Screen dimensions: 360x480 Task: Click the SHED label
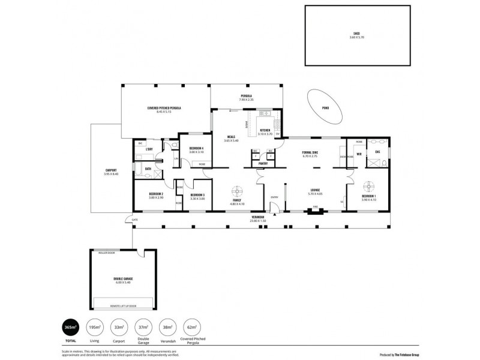(356, 34)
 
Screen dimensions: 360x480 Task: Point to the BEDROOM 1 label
(369, 196)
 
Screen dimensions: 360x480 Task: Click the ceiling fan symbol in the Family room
(238, 191)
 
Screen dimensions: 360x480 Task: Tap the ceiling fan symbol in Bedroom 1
(368, 185)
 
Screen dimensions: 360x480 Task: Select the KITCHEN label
(265, 130)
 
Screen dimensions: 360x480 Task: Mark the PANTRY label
(263, 163)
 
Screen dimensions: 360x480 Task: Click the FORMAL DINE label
(310, 152)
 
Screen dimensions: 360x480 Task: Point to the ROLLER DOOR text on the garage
(106, 253)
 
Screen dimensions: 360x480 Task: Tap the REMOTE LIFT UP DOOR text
(124, 306)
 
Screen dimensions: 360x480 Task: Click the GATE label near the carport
(135, 220)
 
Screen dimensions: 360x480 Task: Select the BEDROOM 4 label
(197, 148)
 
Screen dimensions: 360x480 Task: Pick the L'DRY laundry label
(150, 148)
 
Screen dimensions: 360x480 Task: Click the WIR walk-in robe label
(359, 154)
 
